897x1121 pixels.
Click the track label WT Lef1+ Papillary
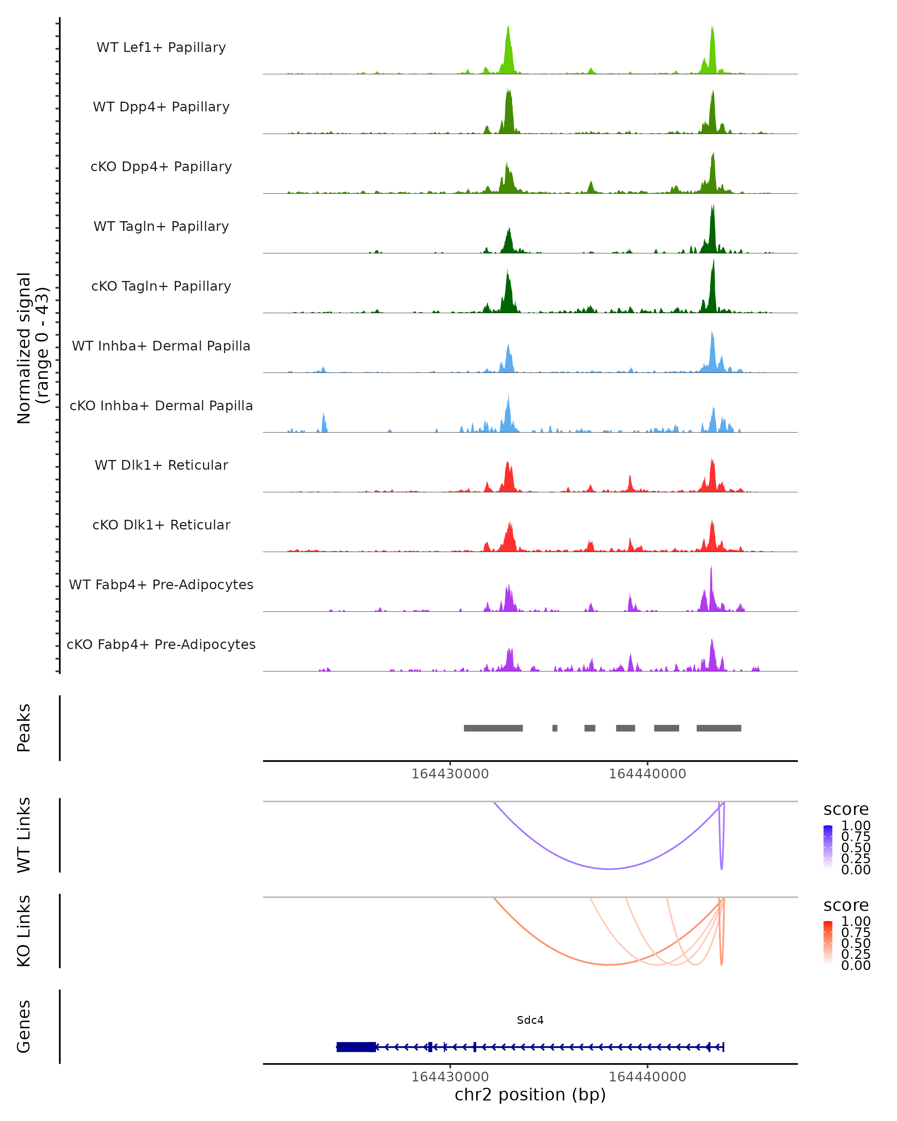161,47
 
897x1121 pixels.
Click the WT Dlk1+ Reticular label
161,465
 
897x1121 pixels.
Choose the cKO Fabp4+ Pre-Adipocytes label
161,644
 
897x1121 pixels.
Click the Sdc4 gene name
530,1020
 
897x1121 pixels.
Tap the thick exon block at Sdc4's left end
356,1047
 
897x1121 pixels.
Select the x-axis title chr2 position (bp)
530,1094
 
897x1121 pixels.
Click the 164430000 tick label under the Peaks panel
450,774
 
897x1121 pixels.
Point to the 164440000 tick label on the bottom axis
647,1077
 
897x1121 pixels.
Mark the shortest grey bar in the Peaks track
555,728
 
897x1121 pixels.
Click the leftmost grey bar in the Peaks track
493,728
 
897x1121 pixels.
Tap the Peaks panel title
24,728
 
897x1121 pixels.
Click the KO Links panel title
24,931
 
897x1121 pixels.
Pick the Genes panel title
24,1026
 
